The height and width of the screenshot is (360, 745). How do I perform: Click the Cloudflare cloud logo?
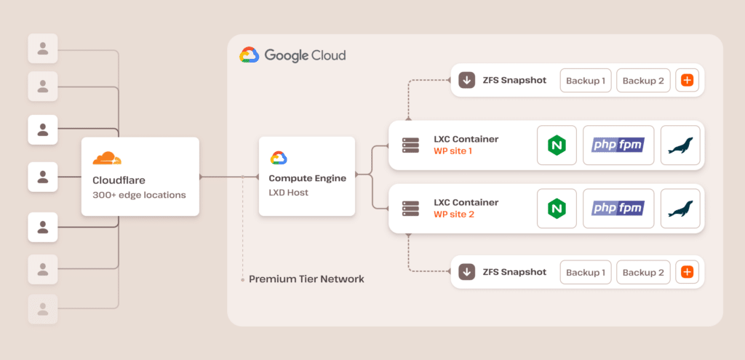click(107, 159)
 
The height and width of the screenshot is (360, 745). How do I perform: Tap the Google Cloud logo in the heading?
click(250, 55)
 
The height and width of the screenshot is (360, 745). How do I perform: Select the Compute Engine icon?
click(279, 159)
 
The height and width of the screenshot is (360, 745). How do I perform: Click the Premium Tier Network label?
click(306, 279)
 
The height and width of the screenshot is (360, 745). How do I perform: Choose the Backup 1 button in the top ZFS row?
click(586, 80)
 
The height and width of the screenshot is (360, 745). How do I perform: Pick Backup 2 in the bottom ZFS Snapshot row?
click(643, 272)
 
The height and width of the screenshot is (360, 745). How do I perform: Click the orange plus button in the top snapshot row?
click(685, 80)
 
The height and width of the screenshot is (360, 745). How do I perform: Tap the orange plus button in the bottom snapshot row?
click(685, 272)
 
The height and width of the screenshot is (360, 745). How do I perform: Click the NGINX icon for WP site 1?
click(557, 145)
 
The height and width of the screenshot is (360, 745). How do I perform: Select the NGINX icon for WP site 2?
click(557, 209)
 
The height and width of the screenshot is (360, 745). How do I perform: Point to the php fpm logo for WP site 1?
click(618, 145)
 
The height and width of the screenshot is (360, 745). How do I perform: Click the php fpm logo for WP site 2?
click(618, 209)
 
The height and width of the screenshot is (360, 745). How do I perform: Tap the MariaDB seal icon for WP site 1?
click(680, 145)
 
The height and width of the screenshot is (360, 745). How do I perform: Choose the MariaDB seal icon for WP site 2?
click(680, 209)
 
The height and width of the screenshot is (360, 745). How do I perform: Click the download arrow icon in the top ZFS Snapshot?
click(466, 80)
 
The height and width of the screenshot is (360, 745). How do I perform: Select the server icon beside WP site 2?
click(411, 209)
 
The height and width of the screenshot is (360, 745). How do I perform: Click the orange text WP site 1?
click(453, 151)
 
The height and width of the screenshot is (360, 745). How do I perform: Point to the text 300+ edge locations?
click(139, 195)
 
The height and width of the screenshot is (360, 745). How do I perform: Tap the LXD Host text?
click(289, 192)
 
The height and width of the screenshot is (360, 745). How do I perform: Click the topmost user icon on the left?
click(43, 49)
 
